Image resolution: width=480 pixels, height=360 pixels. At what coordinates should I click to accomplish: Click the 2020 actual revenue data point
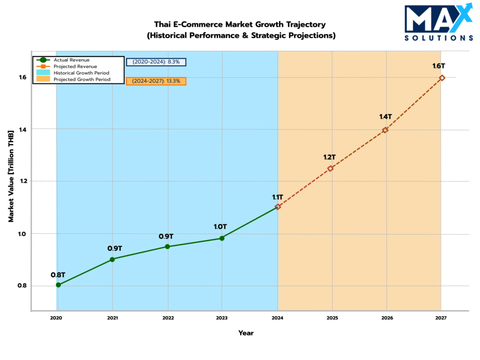58,285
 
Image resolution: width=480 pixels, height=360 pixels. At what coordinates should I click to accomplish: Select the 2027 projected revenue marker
442,78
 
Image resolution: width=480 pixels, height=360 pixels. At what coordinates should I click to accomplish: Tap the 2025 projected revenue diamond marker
330,169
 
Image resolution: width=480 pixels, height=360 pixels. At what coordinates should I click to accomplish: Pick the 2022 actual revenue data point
168,247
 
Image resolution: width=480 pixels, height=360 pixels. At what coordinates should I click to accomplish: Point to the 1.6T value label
438,66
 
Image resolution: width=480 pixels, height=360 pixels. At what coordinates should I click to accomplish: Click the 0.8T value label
58,274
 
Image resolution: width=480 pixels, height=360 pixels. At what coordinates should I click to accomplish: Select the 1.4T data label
385,116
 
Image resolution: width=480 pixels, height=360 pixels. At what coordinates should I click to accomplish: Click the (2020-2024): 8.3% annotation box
157,61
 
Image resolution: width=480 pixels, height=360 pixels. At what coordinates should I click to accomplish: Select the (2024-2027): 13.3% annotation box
157,81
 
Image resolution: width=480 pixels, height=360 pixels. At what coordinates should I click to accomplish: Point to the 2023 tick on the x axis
222,318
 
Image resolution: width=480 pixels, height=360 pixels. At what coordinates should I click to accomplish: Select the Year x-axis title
246,333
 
